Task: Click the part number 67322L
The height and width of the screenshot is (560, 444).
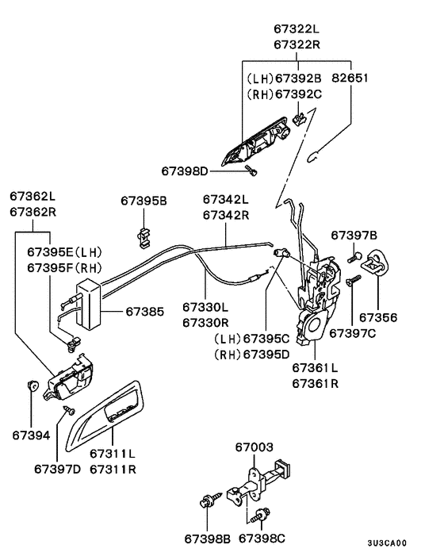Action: tap(297, 29)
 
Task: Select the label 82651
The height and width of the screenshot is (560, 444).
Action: tap(350, 78)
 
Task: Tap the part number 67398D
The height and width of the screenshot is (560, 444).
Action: tap(185, 171)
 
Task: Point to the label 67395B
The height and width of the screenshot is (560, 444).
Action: tap(144, 201)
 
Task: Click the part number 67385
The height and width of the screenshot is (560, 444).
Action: tap(145, 312)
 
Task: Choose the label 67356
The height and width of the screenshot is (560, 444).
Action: tap(378, 317)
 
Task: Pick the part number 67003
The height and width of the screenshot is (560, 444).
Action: tap(255, 447)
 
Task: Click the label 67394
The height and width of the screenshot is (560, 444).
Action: tap(32, 435)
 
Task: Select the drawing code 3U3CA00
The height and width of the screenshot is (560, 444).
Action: tap(387, 543)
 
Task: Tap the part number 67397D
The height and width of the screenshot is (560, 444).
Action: tap(57, 469)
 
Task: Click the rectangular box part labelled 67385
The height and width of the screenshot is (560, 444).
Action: tap(90, 304)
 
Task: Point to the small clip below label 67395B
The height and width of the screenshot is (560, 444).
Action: tap(144, 237)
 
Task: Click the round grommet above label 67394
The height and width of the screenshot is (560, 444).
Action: tap(33, 385)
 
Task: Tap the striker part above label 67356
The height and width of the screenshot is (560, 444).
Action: tap(375, 262)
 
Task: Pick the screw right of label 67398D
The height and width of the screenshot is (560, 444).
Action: tap(251, 171)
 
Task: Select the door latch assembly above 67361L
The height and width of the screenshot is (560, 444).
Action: tap(318, 300)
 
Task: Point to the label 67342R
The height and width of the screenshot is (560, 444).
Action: tap(226, 216)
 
